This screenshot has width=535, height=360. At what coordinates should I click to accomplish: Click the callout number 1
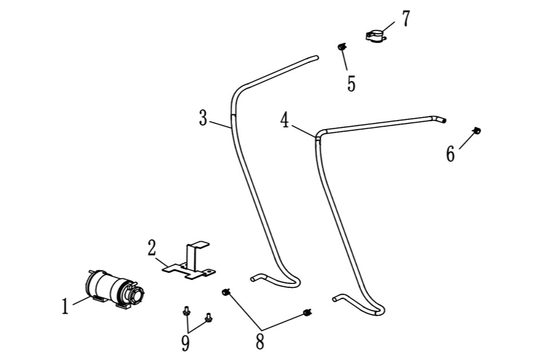65,306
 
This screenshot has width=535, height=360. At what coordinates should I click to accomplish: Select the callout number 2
152,248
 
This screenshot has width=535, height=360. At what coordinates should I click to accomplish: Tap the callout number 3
203,118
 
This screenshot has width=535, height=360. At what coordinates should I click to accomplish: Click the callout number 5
352,83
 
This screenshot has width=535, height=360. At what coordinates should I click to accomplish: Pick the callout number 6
450,154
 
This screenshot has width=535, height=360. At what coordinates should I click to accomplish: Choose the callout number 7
405,18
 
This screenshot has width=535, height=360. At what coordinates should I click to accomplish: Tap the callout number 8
260,342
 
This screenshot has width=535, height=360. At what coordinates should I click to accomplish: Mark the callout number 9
185,343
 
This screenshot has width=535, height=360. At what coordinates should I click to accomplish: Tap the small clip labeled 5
342,46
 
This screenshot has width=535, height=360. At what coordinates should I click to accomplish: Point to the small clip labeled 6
477,130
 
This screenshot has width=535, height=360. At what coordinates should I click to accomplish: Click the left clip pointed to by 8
226,292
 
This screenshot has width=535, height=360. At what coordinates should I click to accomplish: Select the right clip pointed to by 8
308,312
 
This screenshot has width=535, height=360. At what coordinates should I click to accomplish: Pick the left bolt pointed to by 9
186,311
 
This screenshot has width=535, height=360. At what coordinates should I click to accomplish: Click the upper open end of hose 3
316,58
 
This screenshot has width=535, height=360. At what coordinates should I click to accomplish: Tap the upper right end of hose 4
443,120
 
